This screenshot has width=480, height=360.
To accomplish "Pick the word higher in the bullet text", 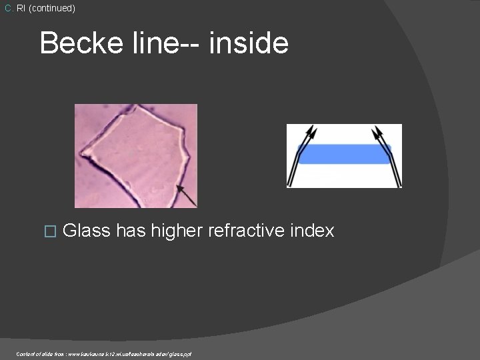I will pyautogui.click(x=177, y=231).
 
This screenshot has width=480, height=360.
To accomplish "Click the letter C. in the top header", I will pyautogui.click(x=8, y=9).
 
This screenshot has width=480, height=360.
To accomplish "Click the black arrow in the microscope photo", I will pyautogui.click(x=187, y=195).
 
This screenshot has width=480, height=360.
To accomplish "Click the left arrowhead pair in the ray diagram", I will pyautogui.click(x=309, y=135).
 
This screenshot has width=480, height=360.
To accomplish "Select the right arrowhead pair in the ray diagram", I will pyautogui.click(x=381, y=135).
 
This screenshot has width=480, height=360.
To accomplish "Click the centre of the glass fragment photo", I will pyautogui.click(x=135, y=155).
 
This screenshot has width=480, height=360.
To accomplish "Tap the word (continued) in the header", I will pyautogui.click(x=51, y=9).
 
